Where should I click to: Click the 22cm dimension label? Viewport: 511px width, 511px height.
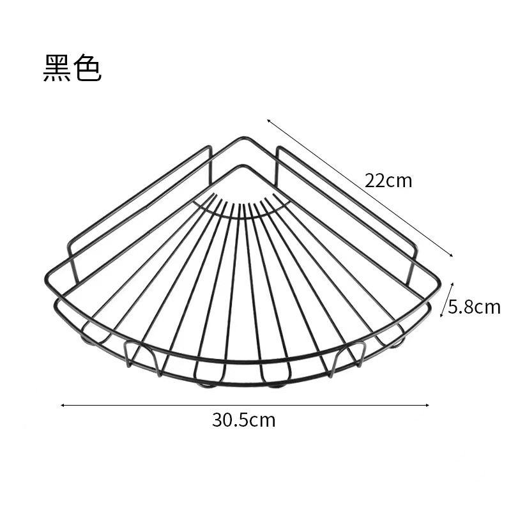pyautogui.click(x=388, y=181)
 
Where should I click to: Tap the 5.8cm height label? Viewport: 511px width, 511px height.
pyautogui.click(x=474, y=307)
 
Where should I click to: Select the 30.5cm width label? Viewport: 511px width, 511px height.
pyautogui.click(x=244, y=420)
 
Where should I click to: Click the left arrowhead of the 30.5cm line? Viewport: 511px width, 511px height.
pyautogui.click(x=63, y=404)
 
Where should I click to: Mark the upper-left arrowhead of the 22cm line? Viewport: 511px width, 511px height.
pyautogui.click(x=269, y=120)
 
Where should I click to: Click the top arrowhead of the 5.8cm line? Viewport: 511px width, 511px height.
pyautogui.click(x=452, y=284)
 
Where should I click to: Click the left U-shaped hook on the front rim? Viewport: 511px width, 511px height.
pyautogui.click(x=141, y=356)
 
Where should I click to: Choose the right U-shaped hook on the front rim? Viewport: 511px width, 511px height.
pyautogui.click(x=347, y=356)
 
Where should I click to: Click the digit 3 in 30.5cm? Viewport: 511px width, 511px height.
pyautogui.click(x=217, y=420)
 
